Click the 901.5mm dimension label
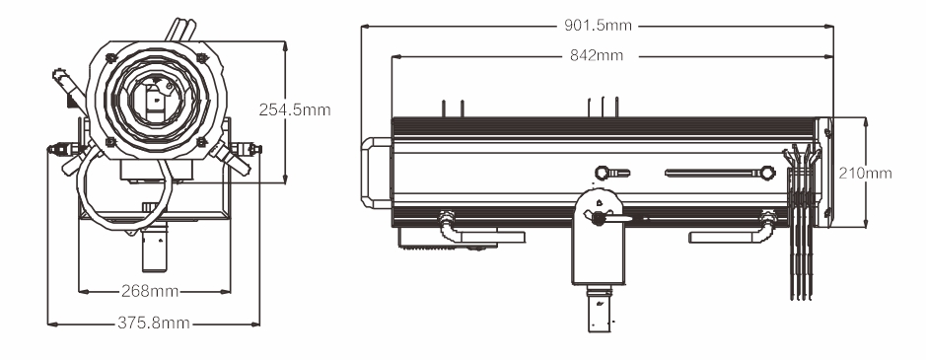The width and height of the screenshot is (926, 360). tap(597, 26)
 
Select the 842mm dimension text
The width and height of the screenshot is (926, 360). tap(597, 55)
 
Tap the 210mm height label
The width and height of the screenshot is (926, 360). tap(865, 174)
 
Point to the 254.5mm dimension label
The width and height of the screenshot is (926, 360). tap(295, 109)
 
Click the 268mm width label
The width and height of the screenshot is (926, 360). tap(150, 291)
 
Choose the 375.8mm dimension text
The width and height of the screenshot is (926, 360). tap(154, 323)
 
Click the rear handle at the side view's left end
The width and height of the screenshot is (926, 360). tap(376, 173)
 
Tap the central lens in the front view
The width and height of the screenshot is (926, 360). tap(155, 100)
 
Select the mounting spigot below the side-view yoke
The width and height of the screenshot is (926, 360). tap(600, 308)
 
